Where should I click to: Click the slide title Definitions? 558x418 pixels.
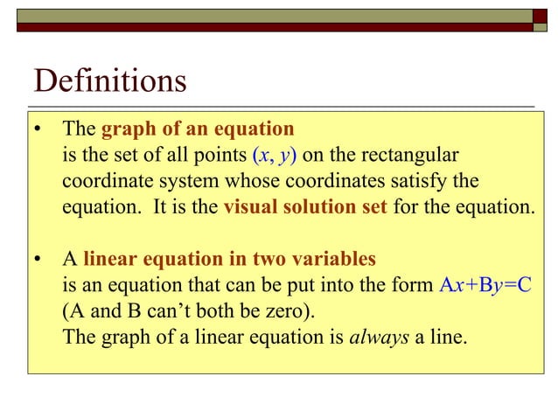110,81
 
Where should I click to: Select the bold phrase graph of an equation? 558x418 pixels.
198,129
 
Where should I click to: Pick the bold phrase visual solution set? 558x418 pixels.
305,208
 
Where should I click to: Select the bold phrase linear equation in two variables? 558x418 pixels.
229,259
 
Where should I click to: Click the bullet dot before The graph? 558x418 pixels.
38,130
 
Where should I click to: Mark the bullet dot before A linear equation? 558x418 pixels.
38,260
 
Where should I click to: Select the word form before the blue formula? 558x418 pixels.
413,285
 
